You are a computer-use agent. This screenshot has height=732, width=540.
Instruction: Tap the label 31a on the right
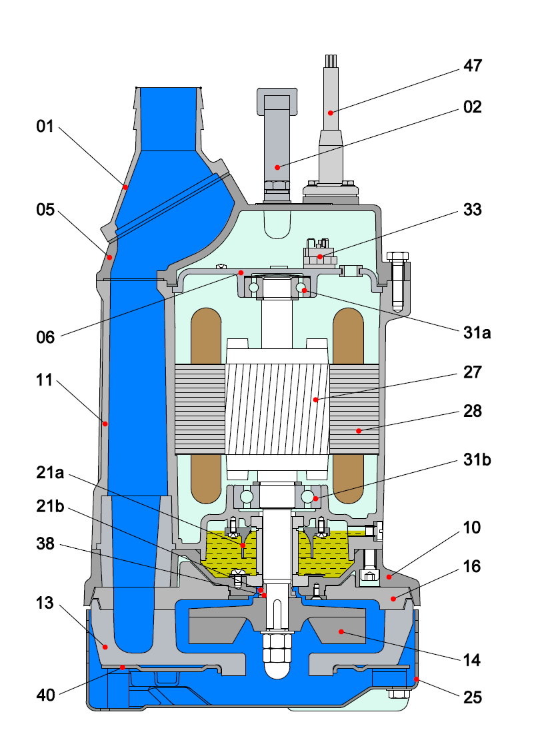point(477,332)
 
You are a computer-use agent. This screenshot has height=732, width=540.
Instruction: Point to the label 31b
point(477,460)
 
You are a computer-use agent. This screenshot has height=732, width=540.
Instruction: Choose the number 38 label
point(46,545)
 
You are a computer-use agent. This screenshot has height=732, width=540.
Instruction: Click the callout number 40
point(46,695)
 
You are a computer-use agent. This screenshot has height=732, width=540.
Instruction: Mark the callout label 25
point(473,697)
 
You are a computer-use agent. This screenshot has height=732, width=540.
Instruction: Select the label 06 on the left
point(46,337)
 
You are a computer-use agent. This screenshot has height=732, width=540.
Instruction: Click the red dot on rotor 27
point(317,400)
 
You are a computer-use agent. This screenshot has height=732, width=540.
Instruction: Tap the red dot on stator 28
point(358,431)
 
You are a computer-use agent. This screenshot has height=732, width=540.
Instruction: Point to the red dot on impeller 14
point(340,630)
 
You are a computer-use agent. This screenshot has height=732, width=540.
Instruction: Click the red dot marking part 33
point(320,256)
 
